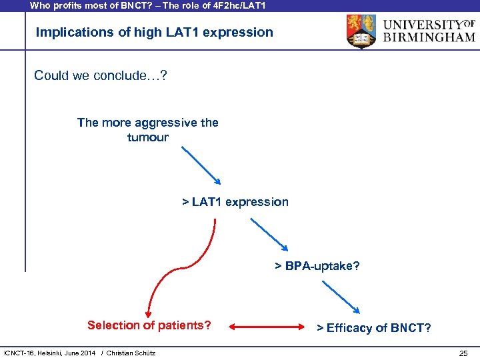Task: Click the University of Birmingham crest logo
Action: coord(361,31)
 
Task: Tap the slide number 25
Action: coord(463,353)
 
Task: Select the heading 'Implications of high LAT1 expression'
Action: coord(154,32)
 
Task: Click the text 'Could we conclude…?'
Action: coord(101,75)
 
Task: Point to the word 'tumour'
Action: coord(148,137)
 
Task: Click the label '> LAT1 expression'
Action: coord(235,202)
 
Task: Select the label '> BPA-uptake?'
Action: coord(317,266)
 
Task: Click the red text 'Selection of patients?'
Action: coord(149,325)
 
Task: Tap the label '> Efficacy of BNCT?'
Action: coord(373,327)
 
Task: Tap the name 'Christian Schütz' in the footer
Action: coord(131,353)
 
